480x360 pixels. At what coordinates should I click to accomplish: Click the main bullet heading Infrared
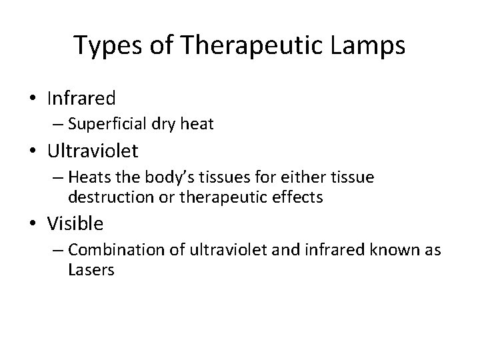pos(81,99)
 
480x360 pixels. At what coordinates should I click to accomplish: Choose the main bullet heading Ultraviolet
pos(93,151)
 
